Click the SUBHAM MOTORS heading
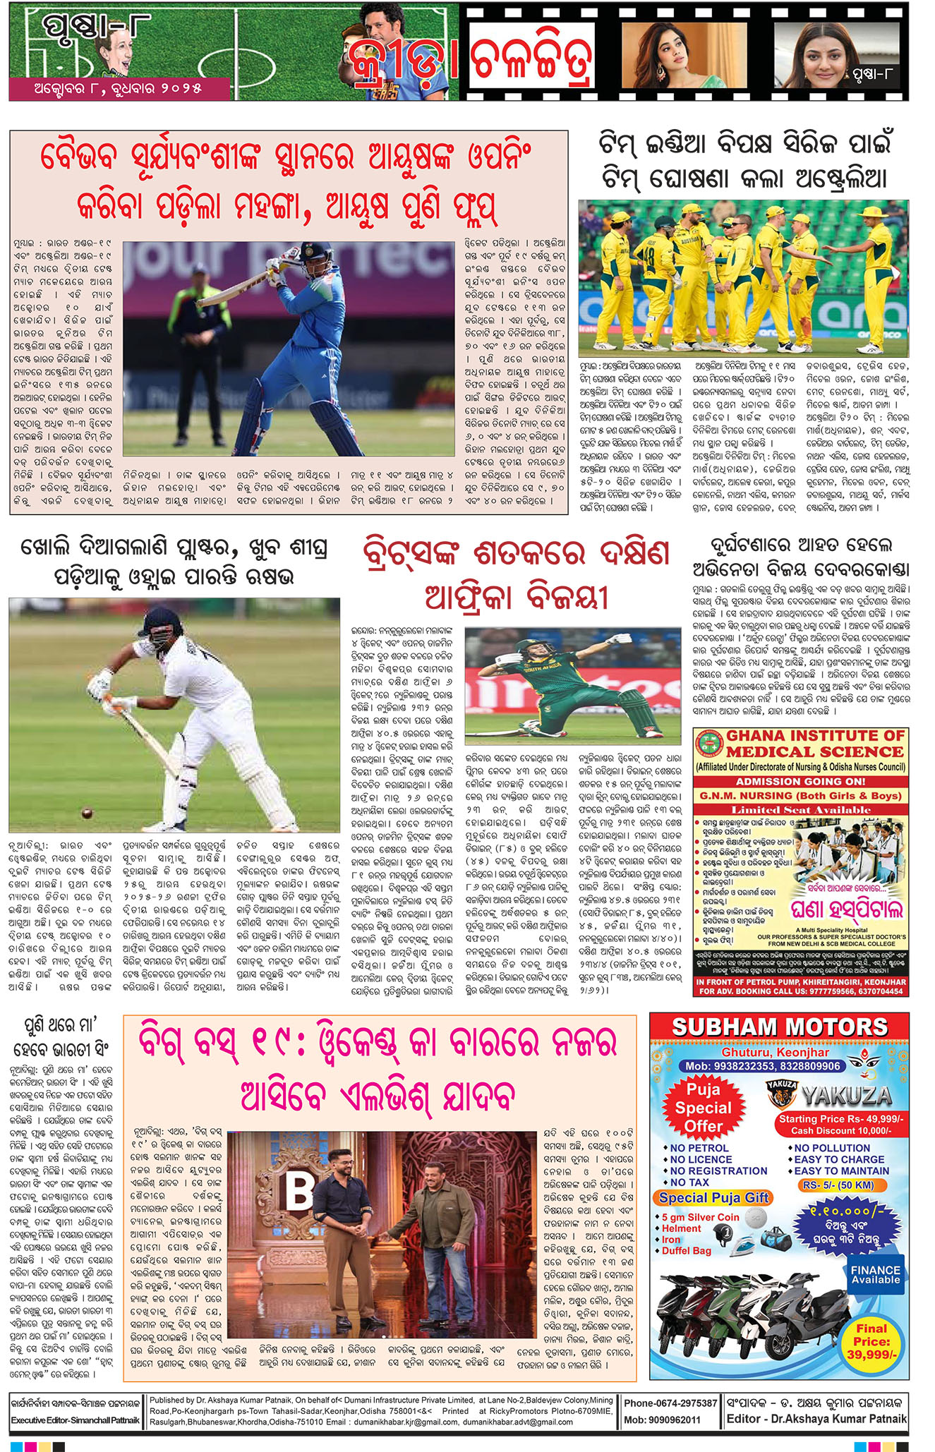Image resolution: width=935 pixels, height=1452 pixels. pyautogui.click(x=778, y=1027)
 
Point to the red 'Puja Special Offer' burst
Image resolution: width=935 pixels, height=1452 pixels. pyautogui.click(x=703, y=1108)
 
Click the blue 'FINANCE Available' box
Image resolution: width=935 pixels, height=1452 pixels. pyautogui.click(x=875, y=1274)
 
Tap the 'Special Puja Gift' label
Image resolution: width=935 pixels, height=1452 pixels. pyautogui.click(x=712, y=1197)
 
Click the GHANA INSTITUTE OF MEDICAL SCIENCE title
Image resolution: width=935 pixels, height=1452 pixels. pyautogui.click(x=815, y=744)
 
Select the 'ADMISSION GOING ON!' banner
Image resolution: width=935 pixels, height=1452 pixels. pyautogui.click(x=800, y=781)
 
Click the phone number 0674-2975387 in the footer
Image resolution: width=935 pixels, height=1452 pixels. pyautogui.click(x=670, y=1403)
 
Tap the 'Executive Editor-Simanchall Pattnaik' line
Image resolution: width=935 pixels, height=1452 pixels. pyautogui.click(x=75, y=1420)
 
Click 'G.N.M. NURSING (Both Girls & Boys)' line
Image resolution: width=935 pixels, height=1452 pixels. pyautogui.click(x=800, y=796)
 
